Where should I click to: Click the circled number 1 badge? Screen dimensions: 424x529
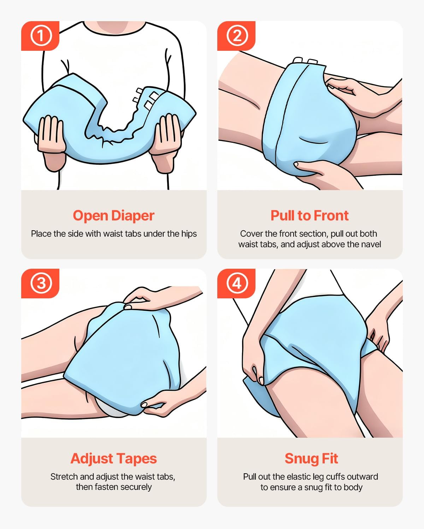click(x=41, y=36)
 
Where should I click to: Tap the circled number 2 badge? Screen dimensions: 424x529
click(x=237, y=36)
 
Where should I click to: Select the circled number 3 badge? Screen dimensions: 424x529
click(x=41, y=283)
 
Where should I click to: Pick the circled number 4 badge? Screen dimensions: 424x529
click(x=237, y=283)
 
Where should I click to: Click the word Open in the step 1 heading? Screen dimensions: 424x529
click(x=90, y=216)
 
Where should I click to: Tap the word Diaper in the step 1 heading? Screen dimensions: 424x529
click(x=133, y=216)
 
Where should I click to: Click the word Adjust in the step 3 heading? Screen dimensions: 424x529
click(x=90, y=459)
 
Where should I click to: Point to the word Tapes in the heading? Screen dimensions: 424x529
click(x=135, y=459)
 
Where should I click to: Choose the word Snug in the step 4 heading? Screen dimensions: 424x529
click(x=300, y=459)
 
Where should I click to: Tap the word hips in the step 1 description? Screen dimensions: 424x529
click(x=189, y=234)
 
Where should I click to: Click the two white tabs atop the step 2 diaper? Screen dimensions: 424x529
click(x=305, y=60)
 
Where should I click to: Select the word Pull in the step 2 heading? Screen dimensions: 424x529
click(x=282, y=215)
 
